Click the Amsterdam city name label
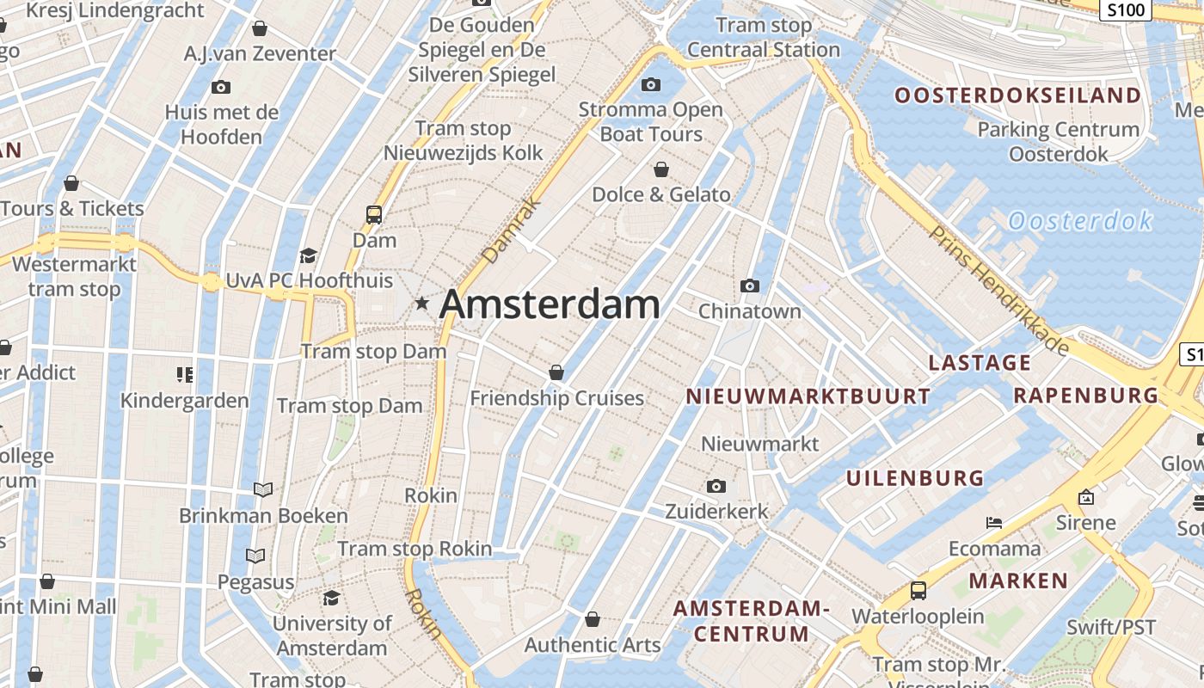tap(550, 304)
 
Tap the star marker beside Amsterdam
tap(421, 303)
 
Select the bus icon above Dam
tap(374, 214)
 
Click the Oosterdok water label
tap(1080, 221)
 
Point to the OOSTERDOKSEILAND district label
tap(1017, 95)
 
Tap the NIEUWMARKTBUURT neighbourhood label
tap(808, 396)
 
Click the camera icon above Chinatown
tap(750, 286)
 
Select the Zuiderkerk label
tap(717, 512)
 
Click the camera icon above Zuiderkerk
tap(716, 487)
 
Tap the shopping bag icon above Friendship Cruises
tap(556, 372)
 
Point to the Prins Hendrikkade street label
tap(998, 290)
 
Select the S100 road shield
tap(1126, 10)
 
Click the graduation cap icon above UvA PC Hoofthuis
tap(308, 255)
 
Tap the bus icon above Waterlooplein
tap(918, 591)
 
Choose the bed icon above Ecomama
tap(994, 523)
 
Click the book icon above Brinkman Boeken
tap(263, 489)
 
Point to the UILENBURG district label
tap(915, 478)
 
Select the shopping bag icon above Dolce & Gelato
tap(661, 169)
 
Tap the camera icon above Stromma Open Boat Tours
tap(651, 84)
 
